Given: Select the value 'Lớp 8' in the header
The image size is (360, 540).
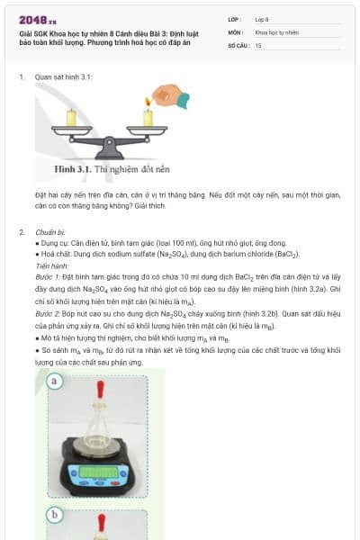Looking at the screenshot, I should pos(261,19).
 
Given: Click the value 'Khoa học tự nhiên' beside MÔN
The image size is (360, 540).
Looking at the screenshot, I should pos(276,31).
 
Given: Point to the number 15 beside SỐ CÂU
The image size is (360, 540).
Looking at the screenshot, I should pos(258,44).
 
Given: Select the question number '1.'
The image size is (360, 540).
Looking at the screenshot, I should pos(21,78).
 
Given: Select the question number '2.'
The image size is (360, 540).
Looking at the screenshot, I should pos(21,232).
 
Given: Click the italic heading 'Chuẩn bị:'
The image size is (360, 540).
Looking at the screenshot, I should pos(51,232).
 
